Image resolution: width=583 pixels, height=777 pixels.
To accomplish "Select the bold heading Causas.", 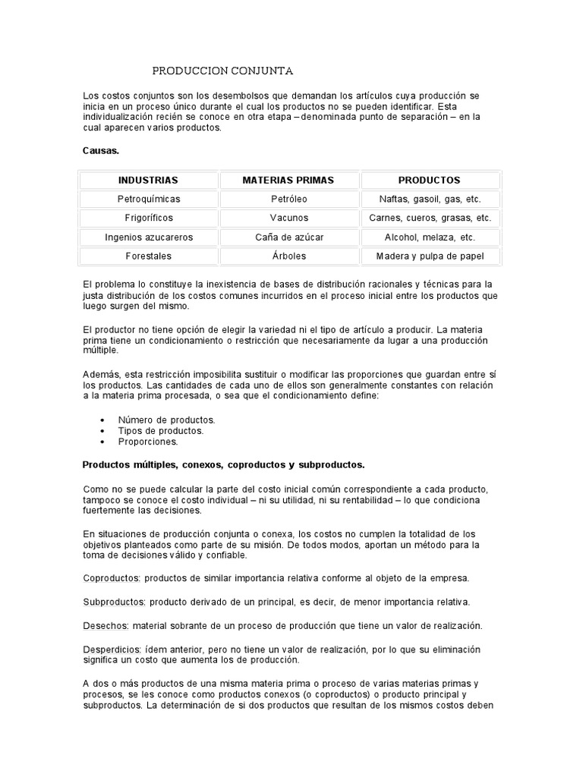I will (x=101, y=151).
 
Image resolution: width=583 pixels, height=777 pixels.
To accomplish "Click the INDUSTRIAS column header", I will (x=148, y=180).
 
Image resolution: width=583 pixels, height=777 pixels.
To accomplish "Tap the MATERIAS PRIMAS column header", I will (x=288, y=180).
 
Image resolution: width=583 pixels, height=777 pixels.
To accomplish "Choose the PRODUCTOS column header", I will (x=430, y=180).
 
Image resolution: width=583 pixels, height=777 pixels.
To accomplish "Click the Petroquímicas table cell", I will (x=148, y=199).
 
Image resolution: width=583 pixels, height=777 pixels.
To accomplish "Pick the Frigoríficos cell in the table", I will (x=148, y=218).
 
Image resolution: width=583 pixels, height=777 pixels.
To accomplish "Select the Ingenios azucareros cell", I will (x=148, y=237).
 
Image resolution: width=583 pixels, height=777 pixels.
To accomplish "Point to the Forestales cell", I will (x=148, y=256).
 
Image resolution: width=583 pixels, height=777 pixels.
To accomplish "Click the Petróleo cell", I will (x=288, y=199).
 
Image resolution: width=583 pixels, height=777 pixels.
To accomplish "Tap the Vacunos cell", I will (x=288, y=218).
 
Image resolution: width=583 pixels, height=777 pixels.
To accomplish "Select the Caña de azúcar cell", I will (x=288, y=237).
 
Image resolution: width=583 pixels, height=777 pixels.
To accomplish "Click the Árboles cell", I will (x=288, y=256).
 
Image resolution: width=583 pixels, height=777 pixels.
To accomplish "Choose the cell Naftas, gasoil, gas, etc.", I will (x=430, y=199).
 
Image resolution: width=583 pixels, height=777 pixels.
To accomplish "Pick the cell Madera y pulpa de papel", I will (x=430, y=256).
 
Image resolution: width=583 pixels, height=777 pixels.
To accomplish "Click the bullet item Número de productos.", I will (x=166, y=420).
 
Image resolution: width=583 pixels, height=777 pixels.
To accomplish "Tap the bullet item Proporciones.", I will (x=147, y=441).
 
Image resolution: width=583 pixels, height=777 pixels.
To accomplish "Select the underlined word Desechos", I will (x=106, y=626).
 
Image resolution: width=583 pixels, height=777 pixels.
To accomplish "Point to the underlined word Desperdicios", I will (x=113, y=650).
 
